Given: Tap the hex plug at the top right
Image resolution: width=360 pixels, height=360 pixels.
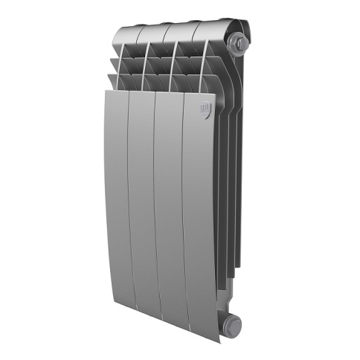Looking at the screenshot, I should click(x=240, y=44).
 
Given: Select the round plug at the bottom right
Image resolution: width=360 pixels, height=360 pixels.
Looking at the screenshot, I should click(x=234, y=323).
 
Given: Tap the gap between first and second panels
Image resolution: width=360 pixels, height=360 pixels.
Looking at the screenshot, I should click(x=128, y=201).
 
